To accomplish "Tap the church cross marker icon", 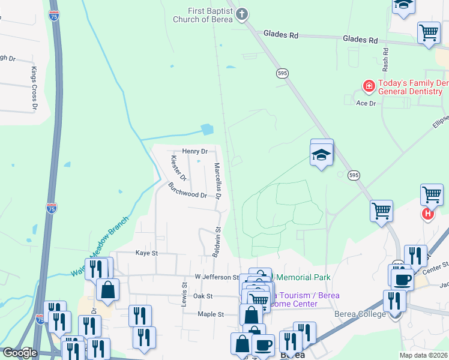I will tap(241, 14).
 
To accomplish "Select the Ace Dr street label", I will tap(366, 103).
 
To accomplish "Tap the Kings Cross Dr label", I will tap(34, 89).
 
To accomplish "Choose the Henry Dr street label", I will tap(194, 151).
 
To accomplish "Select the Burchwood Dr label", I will tap(187, 191).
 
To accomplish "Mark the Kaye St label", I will tap(146, 253).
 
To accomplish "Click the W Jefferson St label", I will tap(217, 277).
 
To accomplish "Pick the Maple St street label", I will tap(211, 314).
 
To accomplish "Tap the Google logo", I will tap(19, 353).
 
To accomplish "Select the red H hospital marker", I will tap(427, 213).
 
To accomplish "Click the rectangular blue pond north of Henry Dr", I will tap(207, 128).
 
